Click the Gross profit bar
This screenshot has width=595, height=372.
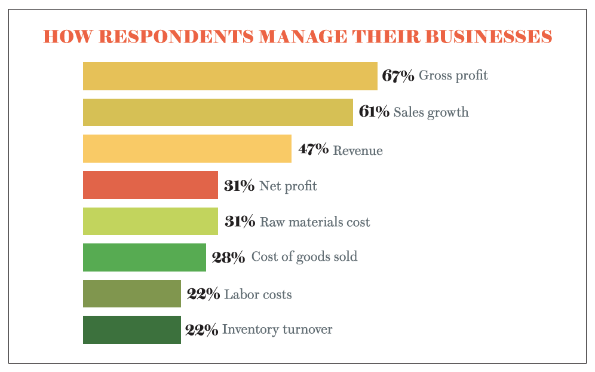click(230, 76)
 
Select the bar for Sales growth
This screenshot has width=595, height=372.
click(217, 112)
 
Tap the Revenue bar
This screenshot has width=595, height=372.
click(187, 149)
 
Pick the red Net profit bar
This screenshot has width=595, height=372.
click(150, 185)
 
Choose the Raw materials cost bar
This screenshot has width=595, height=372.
click(150, 221)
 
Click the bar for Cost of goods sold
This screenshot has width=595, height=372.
click(144, 257)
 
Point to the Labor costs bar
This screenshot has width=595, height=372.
click(131, 294)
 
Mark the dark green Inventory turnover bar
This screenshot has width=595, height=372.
click(131, 330)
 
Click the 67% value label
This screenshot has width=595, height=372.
click(398, 76)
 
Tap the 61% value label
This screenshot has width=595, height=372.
click(374, 112)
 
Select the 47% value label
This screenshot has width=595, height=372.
click(314, 150)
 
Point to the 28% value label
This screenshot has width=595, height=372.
click(228, 257)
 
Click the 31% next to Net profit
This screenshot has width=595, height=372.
click(240, 186)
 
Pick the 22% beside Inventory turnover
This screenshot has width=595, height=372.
click(201, 330)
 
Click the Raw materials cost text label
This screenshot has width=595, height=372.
click(315, 222)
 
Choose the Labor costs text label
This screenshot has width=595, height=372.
click(258, 294)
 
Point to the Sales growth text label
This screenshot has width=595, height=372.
click(431, 112)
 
